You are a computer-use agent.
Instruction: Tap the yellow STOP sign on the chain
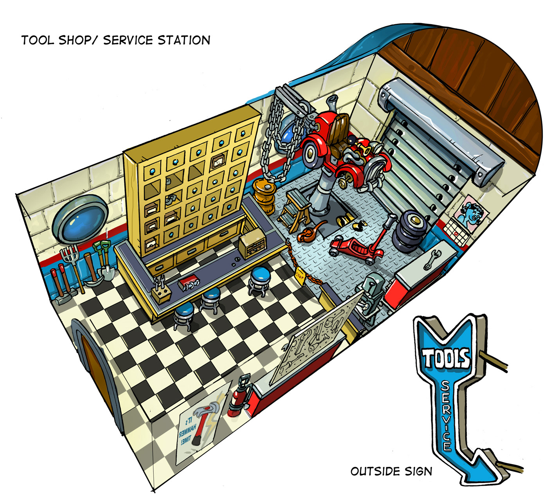click(300, 275)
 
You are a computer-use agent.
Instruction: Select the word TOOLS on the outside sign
click(446, 358)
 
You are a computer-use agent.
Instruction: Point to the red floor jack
click(355, 250)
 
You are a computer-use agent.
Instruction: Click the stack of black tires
click(409, 231)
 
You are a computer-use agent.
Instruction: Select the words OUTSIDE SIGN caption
click(391, 471)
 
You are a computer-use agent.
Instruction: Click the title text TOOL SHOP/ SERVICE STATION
click(116, 40)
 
